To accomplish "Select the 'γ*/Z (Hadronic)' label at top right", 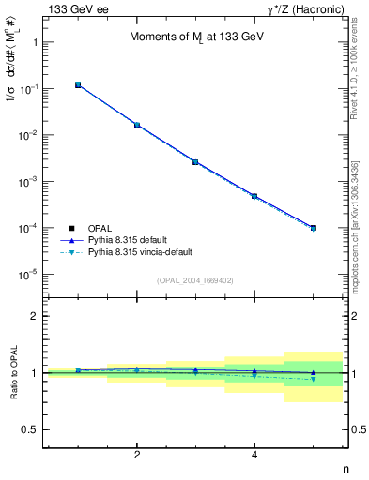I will (x=304, y=8).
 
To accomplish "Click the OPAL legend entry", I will (x=101, y=228).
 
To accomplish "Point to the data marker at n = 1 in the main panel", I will (x=78, y=85).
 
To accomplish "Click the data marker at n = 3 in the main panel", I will (x=195, y=161).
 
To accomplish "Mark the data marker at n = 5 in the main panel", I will (x=313, y=228).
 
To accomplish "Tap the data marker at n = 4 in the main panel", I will (x=254, y=196).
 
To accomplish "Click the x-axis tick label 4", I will (x=254, y=455).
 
